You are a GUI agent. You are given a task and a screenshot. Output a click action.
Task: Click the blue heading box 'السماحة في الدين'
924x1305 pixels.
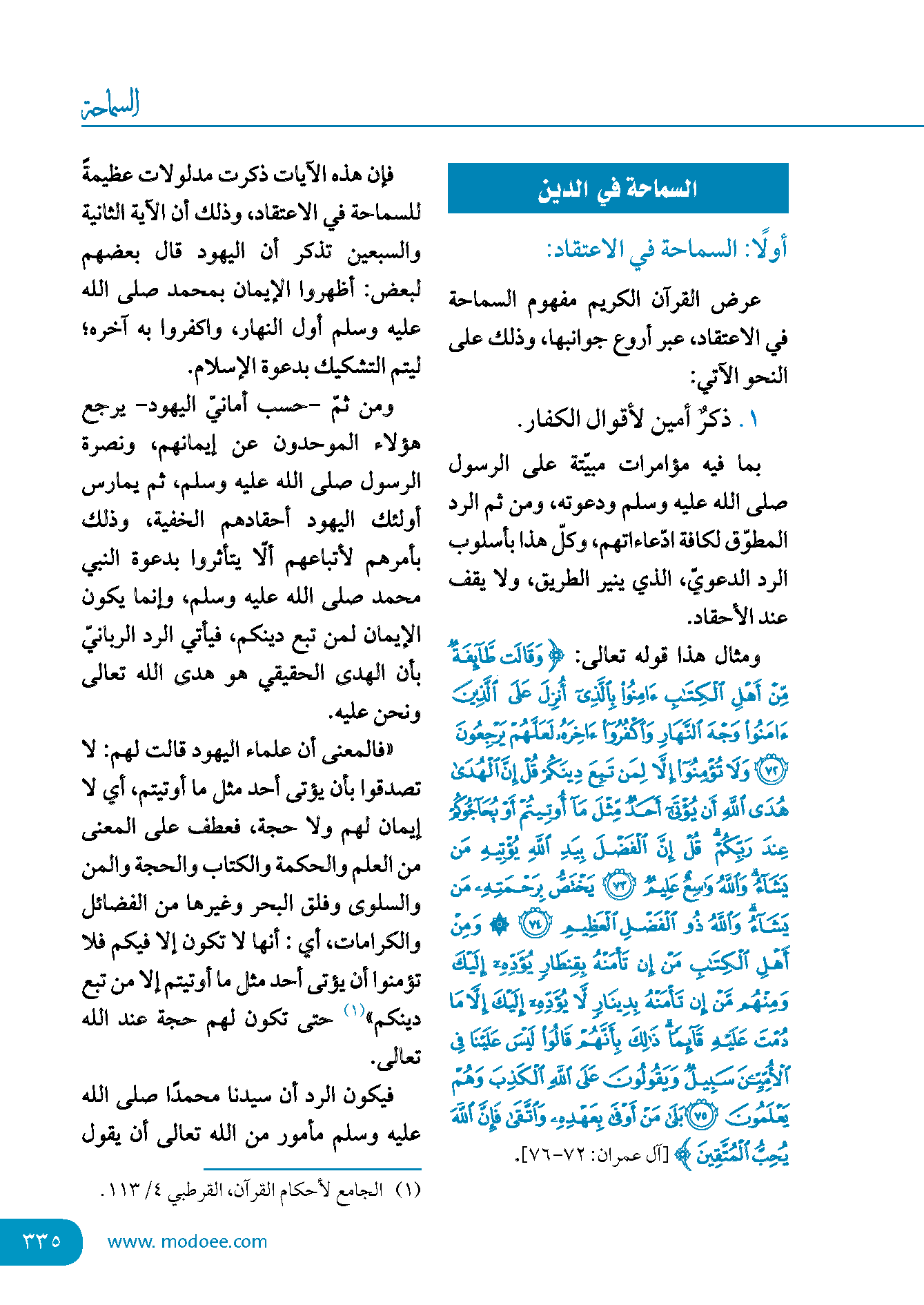coord(618,188)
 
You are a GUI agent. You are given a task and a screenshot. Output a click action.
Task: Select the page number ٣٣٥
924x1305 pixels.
coord(42,1241)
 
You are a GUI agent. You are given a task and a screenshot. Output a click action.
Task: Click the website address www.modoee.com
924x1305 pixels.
coord(187,1241)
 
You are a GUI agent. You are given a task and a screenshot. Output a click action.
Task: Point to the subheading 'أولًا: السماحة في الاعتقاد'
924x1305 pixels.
coord(667,249)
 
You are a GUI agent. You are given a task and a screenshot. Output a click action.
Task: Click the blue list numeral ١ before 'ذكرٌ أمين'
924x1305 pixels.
coord(753,420)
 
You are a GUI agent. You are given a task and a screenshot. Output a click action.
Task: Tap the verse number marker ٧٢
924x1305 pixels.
coord(771,771)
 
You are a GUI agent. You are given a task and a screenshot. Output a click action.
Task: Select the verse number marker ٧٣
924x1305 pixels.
coord(620,886)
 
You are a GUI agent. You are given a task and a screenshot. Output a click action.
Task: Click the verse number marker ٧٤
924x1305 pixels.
coord(536,924)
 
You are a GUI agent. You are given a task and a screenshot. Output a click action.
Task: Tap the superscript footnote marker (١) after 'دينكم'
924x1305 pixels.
coord(354,1010)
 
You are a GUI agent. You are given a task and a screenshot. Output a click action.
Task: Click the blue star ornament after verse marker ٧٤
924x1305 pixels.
coord(499,924)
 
